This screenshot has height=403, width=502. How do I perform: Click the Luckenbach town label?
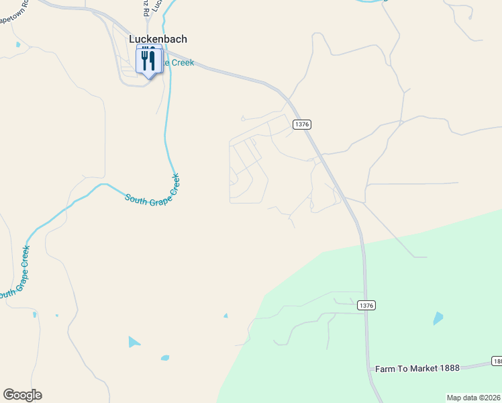pyautogui.click(x=158, y=39)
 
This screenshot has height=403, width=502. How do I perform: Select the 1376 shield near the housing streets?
pyautogui.click(x=302, y=124)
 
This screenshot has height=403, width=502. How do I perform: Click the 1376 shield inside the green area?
pyautogui.click(x=366, y=305)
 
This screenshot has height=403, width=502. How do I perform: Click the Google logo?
pyautogui.click(x=22, y=395)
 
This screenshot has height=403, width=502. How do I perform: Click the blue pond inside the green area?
pyautogui.click(x=438, y=318)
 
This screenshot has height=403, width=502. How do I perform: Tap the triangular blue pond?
pyautogui.click(x=134, y=342)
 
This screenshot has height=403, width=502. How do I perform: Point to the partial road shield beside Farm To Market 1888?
pyautogui.click(x=497, y=361)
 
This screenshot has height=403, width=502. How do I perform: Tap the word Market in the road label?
pyautogui.click(x=422, y=369)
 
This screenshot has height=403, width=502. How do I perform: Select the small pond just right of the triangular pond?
pyautogui.click(x=164, y=358)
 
